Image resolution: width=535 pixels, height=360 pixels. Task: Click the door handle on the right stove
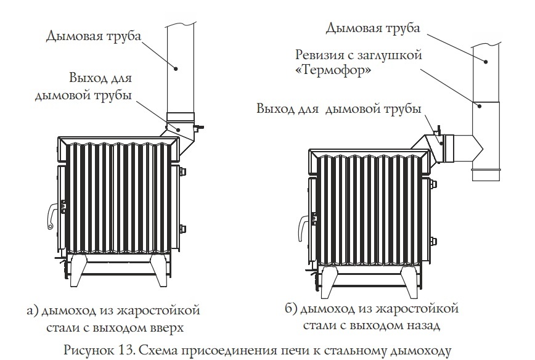click(x=302, y=227)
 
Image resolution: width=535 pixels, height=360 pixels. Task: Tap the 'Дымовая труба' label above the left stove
click(x=93, y=36)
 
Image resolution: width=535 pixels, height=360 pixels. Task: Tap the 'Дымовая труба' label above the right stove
click(x=372, y=28)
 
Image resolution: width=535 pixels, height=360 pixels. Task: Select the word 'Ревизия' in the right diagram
click(x=319, y=55)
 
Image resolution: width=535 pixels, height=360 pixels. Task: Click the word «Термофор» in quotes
click(x=333, y=70)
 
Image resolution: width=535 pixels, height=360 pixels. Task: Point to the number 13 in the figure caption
click(x=126, y=351)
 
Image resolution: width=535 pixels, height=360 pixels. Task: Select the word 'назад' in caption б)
click(x=423, y=325)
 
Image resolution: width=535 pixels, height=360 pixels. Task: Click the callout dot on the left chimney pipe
click(x=176, y=68)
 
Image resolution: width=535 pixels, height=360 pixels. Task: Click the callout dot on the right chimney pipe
click(x=485, y=62)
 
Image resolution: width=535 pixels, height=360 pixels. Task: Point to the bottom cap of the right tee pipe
click(x=486, y=174)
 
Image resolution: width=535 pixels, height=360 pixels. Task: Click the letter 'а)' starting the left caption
click(x=33, y=311)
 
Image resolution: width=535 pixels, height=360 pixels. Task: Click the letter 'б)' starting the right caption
click(x=291, y=309)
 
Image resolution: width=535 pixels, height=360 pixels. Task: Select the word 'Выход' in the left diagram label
click(x=84, y=78)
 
